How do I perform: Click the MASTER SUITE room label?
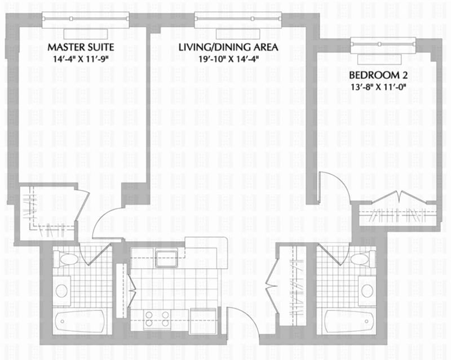[81, 47]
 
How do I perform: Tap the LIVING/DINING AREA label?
[228, 47]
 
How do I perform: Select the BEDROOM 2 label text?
[378, 75]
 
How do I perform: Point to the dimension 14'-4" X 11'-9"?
[81, 59]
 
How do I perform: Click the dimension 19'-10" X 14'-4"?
[229, 59]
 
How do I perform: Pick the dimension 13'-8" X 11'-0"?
[378, 87]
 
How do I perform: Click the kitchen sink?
[166, 258]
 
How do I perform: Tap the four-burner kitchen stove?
[157, 319]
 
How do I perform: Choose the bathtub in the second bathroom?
[350, 322]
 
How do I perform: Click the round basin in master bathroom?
[62, 291]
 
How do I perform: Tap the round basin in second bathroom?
[368, 291]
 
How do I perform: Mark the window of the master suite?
[86, 20]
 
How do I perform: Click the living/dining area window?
[238, 20]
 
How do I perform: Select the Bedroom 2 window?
[383, 46]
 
